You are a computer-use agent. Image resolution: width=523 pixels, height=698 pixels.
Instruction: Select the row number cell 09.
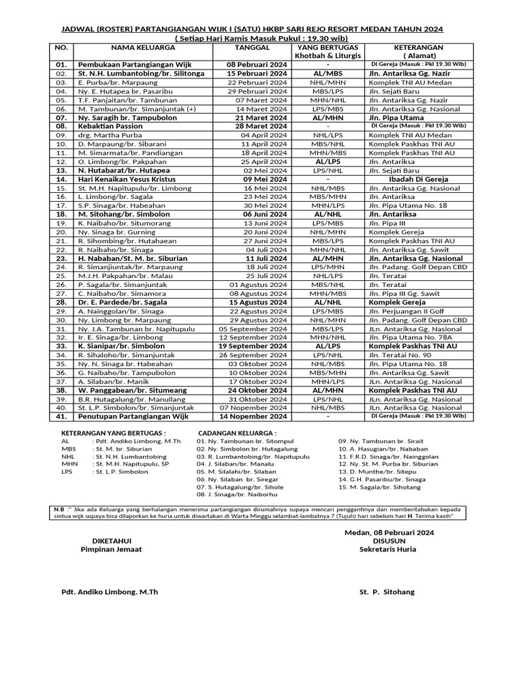61,135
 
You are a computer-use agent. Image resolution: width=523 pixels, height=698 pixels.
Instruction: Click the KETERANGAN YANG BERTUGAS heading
113,433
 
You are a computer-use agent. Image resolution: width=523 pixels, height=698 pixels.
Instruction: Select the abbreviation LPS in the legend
67,471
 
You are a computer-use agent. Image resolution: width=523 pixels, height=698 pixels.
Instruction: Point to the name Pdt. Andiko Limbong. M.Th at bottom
110,592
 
